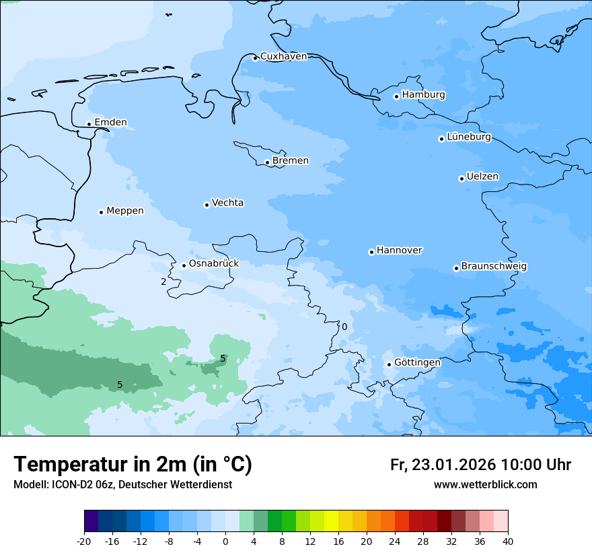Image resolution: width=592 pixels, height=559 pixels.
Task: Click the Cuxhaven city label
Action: [283, 57]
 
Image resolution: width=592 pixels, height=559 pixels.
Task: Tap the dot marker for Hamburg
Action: [396, 96]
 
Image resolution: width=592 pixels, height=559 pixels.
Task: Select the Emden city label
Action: [110, 123]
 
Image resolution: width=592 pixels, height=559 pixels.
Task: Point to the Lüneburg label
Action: [468, 137]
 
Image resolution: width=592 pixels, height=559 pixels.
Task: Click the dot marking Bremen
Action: [267, 162]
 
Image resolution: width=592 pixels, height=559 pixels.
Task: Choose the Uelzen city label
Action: [482, 177]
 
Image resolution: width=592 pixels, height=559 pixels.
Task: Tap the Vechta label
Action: [227, 203]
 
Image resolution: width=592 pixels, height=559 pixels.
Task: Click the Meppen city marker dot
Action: [101, 212]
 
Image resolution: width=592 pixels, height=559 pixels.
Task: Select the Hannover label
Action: [399, 251]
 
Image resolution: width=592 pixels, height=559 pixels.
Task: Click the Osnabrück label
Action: [213, 264]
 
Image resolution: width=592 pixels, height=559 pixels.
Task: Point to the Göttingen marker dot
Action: [389, 364]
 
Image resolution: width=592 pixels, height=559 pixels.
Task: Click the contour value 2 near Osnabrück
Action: [163, 282]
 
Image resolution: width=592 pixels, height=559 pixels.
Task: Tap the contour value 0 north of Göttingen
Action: [344, 327]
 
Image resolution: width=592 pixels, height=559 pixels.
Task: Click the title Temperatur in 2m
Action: [133, 465]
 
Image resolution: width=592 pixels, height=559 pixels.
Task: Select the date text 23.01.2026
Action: [452, 465]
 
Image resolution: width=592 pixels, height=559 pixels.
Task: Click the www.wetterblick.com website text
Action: [485, 485]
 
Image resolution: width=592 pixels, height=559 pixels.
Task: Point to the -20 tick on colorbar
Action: [84, 541]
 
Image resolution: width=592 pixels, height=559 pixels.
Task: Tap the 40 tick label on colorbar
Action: [508, 541]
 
